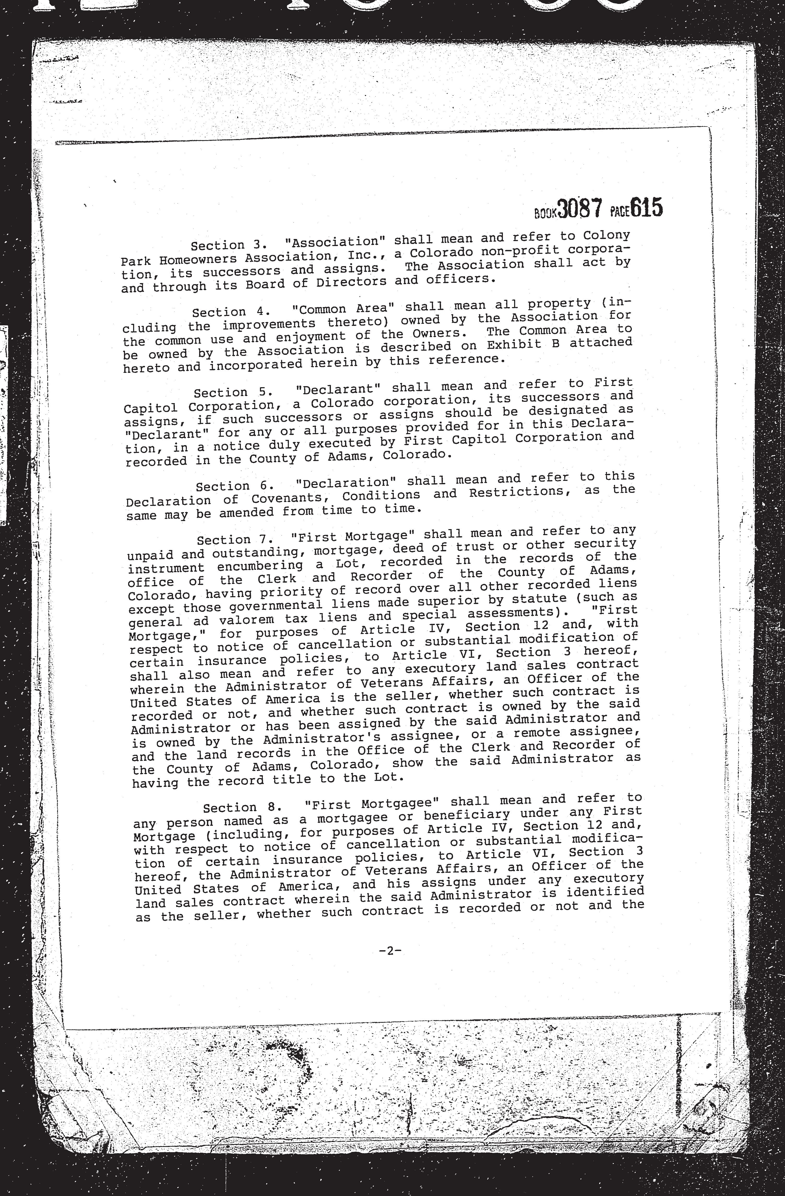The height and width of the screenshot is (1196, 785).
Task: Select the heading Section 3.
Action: [225, 245]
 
